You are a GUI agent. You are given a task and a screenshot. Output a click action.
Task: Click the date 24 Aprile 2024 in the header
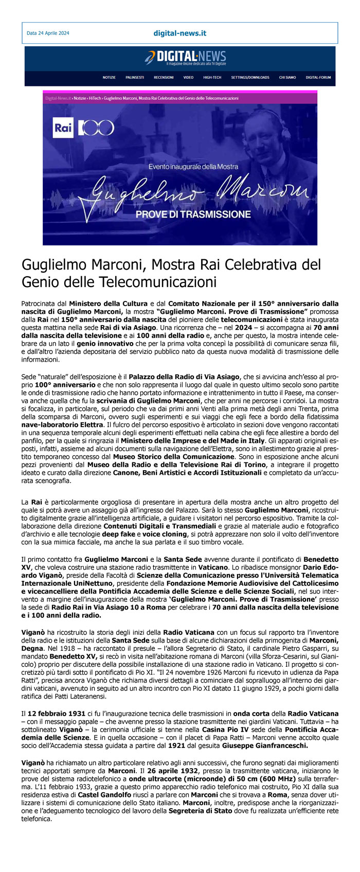click(x=48, y=33)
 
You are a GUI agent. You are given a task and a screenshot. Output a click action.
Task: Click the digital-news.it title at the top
click(x=179, y=33)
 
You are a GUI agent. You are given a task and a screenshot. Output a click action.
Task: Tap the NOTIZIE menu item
click(x=109, y=78)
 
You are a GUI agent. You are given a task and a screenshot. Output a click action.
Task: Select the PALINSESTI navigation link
click(x=135, y=78)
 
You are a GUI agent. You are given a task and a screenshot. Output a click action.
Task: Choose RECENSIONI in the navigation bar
click(x=164, y=78)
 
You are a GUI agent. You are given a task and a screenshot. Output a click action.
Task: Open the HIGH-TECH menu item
click(x=212, y=78)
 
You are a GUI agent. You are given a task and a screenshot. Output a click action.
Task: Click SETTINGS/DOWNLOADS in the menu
click(x=250, y=78)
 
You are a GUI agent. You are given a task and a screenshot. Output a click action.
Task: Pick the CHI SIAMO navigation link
click(x=287, y=78)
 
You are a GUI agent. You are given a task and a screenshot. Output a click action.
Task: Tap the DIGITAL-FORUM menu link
click(x=318, y=78)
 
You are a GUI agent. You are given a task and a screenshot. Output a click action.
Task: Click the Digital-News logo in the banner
click(x=185, y=57)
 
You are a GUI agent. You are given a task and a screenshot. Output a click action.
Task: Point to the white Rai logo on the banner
click(x=63, y=128)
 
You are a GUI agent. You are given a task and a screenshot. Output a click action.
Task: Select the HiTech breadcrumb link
click(x=95, y=98)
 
